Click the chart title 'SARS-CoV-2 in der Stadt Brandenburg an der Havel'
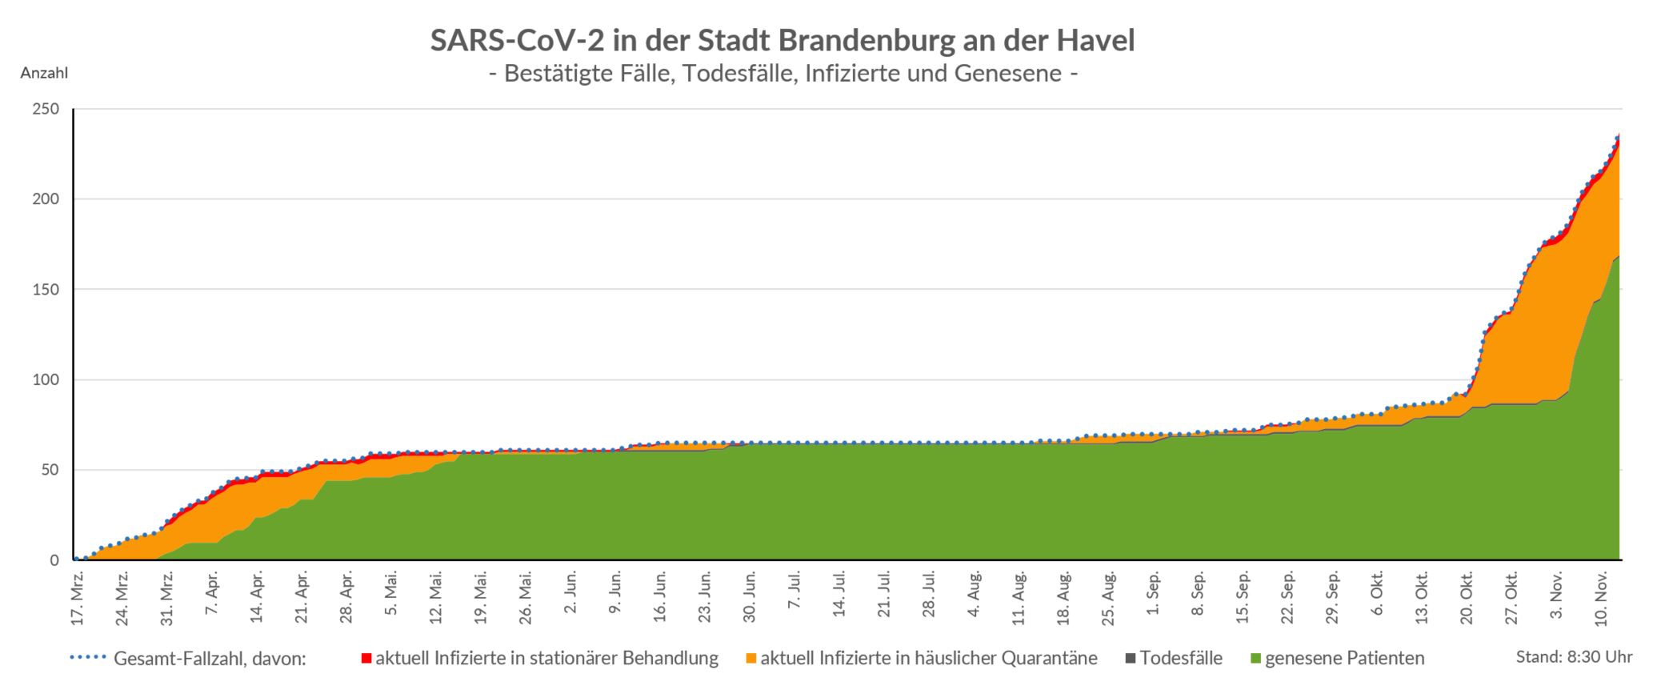coord(782,40)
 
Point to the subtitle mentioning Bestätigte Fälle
coord(782,74)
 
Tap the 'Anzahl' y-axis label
coord(44,73)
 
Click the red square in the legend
coord(366,659)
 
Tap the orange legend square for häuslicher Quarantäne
coord(751,659)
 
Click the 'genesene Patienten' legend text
coord(1344,659)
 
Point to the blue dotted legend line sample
coord(88,659)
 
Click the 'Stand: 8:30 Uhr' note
coord(1574,657)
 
